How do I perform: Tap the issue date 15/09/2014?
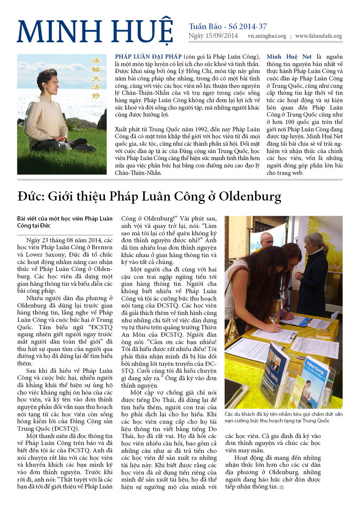pos(222,36)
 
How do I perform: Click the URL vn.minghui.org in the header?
pos(266,37)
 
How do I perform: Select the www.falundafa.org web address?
pos(318,37)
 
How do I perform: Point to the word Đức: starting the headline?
pos(31,197)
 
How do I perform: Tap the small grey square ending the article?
pos(281,487)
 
